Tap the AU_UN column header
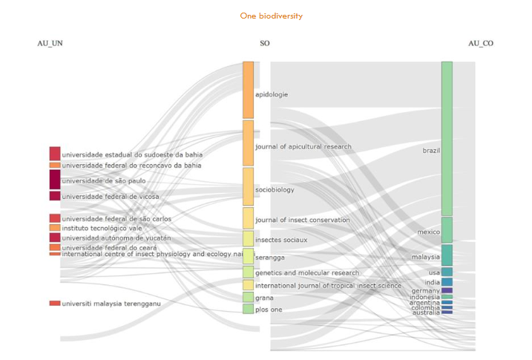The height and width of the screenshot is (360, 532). click(x=50, y=44)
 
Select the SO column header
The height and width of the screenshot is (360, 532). click(x=264, y=44)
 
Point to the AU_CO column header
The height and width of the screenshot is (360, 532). click(x=480, y=44)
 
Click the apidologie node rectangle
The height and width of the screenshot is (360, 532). click(x=248, y=89)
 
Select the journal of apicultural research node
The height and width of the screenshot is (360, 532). click(x=248, y=143)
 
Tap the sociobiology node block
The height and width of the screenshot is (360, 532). click(x=248, y=186)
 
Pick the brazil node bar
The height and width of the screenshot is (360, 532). click(x=447, y=138)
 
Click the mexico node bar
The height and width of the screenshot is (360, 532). click(x=447, y=229)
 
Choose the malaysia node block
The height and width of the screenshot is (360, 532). click(x=447, y=255)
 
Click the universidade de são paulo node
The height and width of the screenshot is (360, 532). click(x=55, y=180)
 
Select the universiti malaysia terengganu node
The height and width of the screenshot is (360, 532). click(x=55, y=303)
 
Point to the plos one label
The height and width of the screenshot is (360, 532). click(x=269, y=310)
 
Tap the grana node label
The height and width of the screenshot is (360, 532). click(x=264, y=298)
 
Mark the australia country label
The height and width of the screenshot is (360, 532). click(x=427, y=312)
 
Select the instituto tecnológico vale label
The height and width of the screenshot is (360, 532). click(x=102, y=228)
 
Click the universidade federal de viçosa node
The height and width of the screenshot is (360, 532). click(x=55, y=196)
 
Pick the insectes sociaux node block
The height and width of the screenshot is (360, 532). click(x=248, y=238)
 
